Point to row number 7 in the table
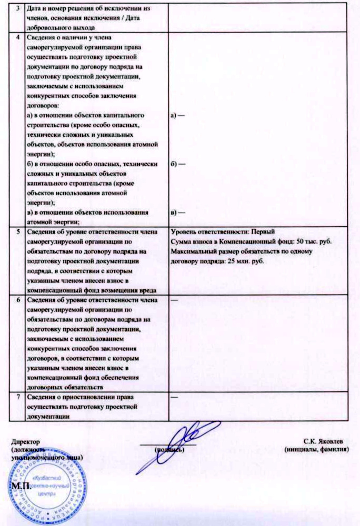[19, 397]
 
